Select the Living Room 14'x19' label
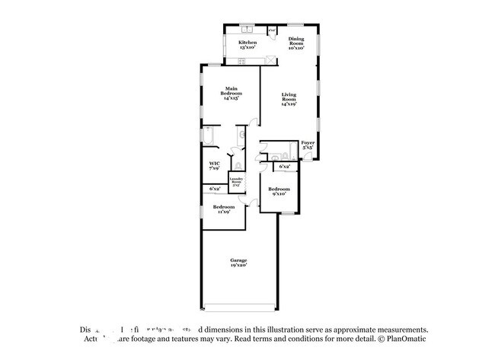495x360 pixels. pyautogui.click(x=289, y=100)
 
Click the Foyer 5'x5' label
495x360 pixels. pyautogui.click(x=308, y=145)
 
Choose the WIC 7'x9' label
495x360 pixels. pyautogui.click(x=215, y=167)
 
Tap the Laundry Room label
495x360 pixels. pyautogui.click(x=236, y=183)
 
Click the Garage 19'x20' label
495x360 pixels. pyautogui.click(x=238, y=263)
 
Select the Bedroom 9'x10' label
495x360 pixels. pyautogui.click(x=278, y=191)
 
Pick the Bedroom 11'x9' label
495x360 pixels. pyautogui.click(x=222, y=209)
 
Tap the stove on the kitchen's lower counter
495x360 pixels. pyautogui.click(x=269, y=61)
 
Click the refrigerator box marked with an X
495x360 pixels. pyautogui.click(x=272, y=30)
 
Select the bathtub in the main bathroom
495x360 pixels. pyautogui.click(x=209, y=138)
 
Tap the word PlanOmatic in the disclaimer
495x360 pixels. pyautogui.click(x=410, y=340)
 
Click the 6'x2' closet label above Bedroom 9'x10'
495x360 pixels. pyautogui.click(x=285, y=166)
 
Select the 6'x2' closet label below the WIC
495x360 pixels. pyautogui.click(x=215, y=189)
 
